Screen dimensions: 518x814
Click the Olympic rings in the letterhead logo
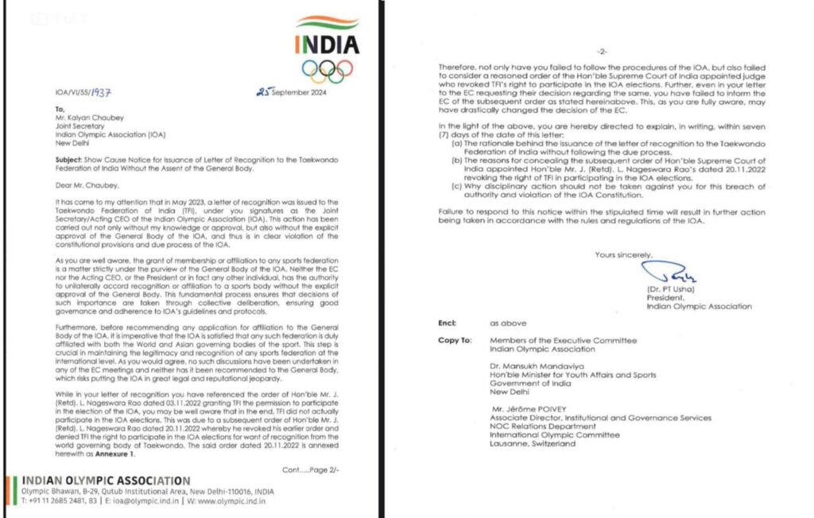[x=327, y=72]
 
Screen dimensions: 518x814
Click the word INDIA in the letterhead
[x=327, y=44]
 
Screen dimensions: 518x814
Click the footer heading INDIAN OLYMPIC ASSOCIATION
[x=106, y=481]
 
